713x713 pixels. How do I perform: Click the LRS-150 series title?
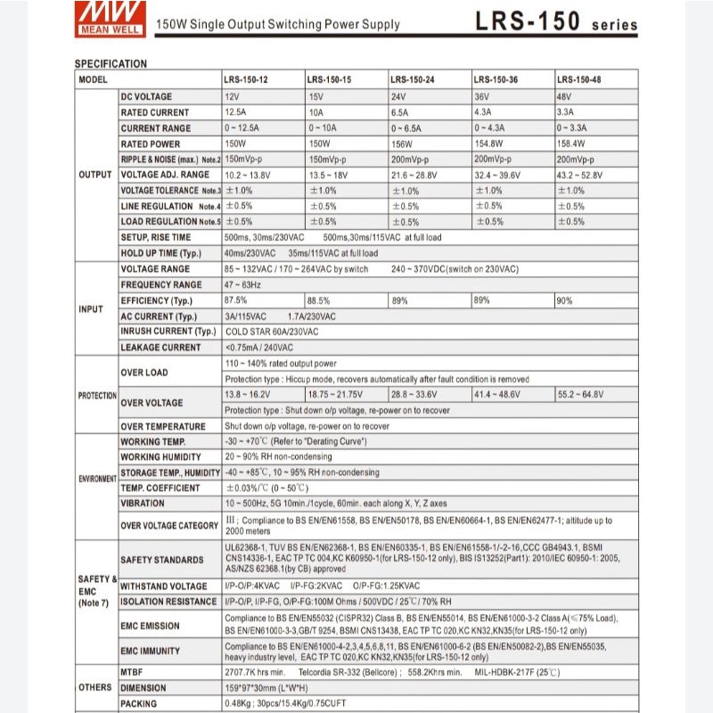pos(553,22)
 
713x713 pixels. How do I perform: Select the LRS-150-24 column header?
pos(412,80)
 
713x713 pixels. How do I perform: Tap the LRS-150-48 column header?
pos(578,80)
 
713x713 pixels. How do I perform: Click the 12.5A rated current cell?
pos(236,112)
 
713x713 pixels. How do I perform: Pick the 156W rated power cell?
pos(404,143)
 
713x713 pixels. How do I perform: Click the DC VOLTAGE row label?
pos(147,96)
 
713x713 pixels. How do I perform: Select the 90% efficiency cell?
pos(565,300)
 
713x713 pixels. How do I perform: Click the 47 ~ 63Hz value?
pos(242,284)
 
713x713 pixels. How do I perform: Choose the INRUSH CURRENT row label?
pos(168,332)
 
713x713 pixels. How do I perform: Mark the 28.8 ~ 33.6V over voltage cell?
pos(414,394)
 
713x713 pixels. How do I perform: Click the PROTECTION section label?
pos(96,395)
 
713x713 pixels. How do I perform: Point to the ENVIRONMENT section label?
pos(96,479)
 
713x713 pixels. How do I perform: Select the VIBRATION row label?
pos(143,503)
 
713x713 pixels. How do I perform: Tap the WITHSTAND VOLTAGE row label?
pos(163,586)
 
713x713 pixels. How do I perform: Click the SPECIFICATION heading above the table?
pos(111,64)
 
